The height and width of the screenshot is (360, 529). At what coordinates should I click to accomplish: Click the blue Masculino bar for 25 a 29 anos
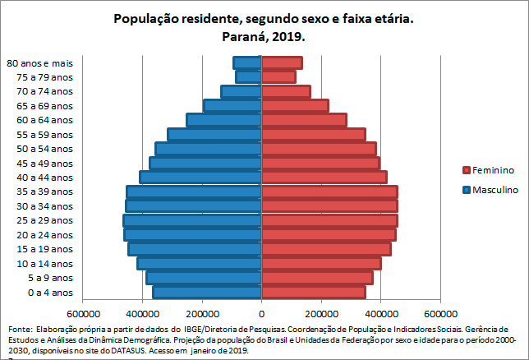[192, 220]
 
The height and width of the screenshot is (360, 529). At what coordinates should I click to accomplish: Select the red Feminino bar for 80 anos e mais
[282, 62]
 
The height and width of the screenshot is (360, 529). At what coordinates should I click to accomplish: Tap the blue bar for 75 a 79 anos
[248, 77]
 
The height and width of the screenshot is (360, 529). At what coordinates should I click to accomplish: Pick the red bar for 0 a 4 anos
[314, 292]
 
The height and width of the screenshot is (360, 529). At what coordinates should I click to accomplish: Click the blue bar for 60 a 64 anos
[224, 120]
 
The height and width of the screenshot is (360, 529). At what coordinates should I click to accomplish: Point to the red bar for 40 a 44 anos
[324, 177]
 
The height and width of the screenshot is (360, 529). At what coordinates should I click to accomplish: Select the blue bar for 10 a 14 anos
[200, 263]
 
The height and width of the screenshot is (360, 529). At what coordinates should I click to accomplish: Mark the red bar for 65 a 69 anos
[295, 105]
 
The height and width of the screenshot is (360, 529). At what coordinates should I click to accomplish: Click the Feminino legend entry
[493, 170]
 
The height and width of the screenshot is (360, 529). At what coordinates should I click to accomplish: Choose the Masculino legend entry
[494, 190]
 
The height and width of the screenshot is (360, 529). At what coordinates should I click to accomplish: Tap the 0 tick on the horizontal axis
[262, 313]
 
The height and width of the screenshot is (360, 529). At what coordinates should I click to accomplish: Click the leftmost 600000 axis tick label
[83, 313]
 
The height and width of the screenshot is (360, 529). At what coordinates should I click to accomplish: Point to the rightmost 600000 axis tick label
[440, 313]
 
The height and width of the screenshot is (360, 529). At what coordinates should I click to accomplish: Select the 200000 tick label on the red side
[321, 313]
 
